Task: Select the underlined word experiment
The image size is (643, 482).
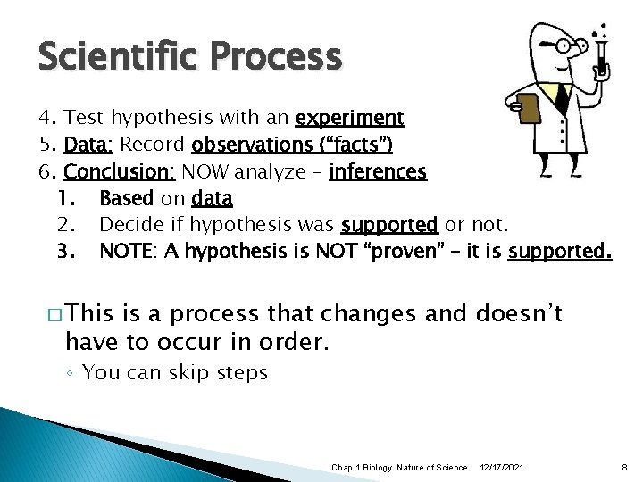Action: click(349, 118)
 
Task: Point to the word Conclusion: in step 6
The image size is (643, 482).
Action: click(121, 171)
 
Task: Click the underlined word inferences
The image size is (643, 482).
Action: click(378, 171)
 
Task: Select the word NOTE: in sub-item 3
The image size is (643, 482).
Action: click(126, 251)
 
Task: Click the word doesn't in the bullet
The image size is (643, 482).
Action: click(520, 313)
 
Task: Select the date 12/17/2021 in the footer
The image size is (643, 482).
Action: click(502, 468)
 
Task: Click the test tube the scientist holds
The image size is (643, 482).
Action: click(604, 49)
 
